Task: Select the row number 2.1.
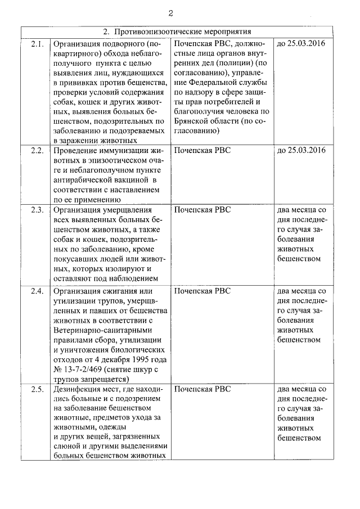coord(37,43)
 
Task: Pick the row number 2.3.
coord(37,210)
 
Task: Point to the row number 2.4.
coord(37,291)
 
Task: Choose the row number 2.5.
coord(37,389)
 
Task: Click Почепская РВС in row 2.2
coord(202,150)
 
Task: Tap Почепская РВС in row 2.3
coord(202,210)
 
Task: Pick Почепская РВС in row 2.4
coord(202,291)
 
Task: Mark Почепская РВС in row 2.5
coord(202,389)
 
